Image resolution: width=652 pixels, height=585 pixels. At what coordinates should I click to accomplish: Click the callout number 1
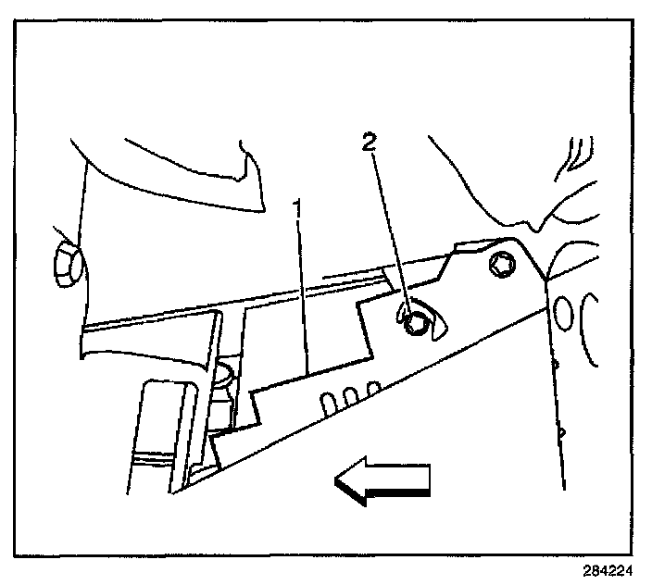tap(298, 210)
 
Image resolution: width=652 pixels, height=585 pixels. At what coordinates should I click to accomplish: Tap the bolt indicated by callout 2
tap(415, 322)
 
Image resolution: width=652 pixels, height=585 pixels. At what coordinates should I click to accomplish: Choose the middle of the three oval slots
tap(351, 395)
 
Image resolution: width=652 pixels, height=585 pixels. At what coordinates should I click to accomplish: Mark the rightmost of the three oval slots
tap(372, 387)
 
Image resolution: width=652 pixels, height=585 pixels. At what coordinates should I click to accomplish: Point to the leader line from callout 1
tap(303, 296)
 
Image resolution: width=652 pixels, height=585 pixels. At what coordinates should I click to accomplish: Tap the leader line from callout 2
tap(390, 231)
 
